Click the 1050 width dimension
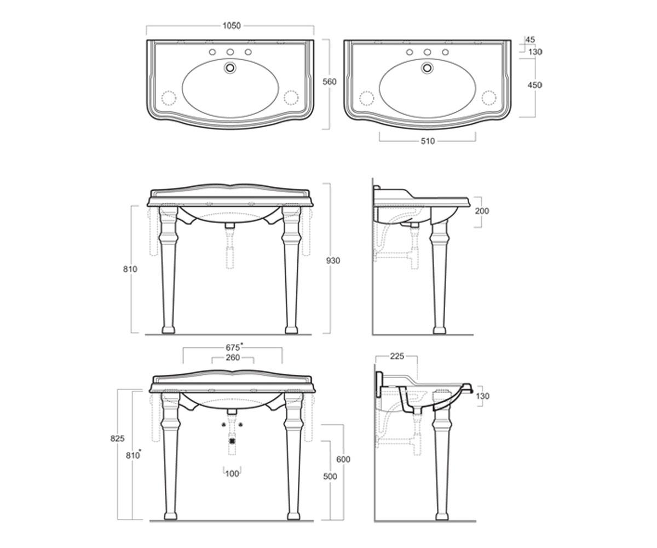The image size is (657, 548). [x=232, y=26]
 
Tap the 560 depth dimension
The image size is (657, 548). [x=330, y=82]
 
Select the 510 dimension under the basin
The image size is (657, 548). [x=428, y=141]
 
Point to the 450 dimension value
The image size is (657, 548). [x=534, y=85]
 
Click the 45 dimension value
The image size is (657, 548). [x=530, y=39]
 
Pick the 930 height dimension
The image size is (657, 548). [x=333, y=260]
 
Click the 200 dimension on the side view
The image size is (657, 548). [x=482, y=211]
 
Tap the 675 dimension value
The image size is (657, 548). [x=233, y=347]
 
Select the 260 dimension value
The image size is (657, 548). [x=233, y=357]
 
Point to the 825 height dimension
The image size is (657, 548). [x=117, y=438]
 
